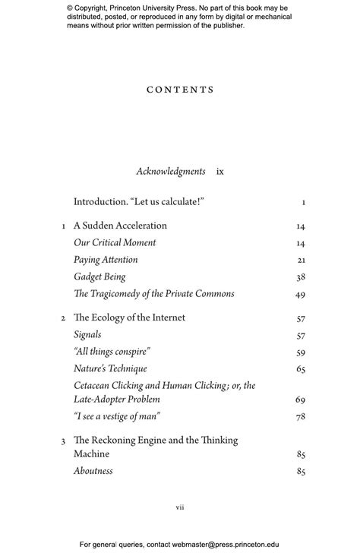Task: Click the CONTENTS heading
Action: click(180, 90)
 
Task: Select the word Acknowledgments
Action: click(171, 172)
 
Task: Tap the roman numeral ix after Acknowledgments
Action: click(220, 172)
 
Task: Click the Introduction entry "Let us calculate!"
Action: click(139, 202)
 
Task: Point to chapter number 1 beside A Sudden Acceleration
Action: click(63, 226)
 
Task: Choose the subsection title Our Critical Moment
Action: click(115, 243)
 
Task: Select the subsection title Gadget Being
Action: click(99, 277)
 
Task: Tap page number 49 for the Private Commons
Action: click(300, 295)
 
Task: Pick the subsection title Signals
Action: click(87, 334)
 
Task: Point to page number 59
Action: click(300, 352)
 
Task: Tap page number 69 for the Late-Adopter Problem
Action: click(300, 400)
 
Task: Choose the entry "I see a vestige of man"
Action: click(117, 416)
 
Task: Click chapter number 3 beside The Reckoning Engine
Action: click(63, 441)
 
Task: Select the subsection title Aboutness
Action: click(93, 471)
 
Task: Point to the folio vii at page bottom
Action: click(180, 507)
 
